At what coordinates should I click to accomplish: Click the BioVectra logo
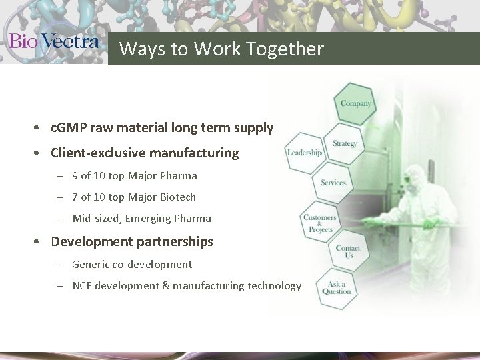click(x=54, y=41)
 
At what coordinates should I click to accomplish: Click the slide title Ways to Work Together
click(x=221, y=49)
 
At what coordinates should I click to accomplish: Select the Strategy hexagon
click(x=345, y=144)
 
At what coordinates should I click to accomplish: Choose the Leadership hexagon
click(x=304, y=153)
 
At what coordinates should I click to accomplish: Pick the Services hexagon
click(x=333, y=183)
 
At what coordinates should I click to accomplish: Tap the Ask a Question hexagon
click(x=335, y=289)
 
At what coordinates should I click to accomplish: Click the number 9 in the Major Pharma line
click(x=75, y=176)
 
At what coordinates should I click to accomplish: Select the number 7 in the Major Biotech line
click(x=75, y=197)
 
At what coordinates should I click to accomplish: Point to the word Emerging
click(x=145, y=218)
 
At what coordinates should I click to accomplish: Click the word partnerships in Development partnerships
click(x=178, y=241)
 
